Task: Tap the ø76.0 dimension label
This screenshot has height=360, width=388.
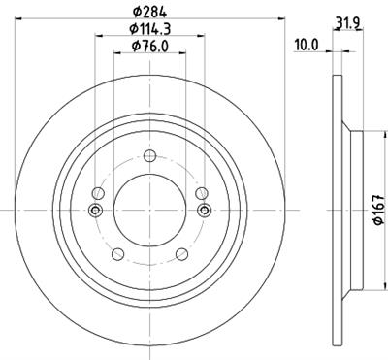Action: pyautogui.click(x=148, y=45)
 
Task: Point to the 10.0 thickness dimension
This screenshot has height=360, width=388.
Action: pyautogui.click(x=307, y=45)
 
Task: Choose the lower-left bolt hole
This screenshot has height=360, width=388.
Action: pyautogui.click(x=117, y=254)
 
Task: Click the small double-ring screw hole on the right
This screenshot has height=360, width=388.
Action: pyautogui.click(x=204, y=210)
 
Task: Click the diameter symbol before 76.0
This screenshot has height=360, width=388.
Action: pyautogui.click(x=134, y=45)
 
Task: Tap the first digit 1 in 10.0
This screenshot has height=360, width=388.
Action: pyautogui.click(x=299, y=45)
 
